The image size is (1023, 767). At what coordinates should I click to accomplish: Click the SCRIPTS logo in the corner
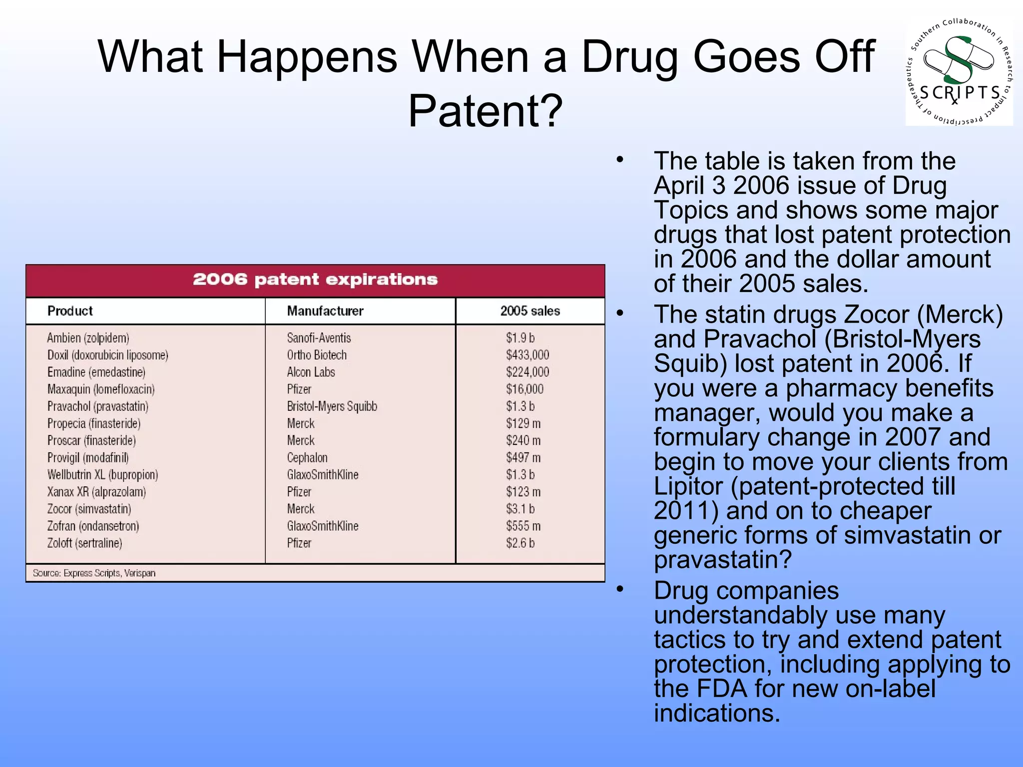959,72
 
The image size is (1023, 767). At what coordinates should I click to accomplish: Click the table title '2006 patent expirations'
315,280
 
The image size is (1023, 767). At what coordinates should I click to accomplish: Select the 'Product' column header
70,311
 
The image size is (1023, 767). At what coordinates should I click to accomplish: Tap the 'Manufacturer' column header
325,311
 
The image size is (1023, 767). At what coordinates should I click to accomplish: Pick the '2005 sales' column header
530,311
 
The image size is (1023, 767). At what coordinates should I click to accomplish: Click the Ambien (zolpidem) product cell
88,338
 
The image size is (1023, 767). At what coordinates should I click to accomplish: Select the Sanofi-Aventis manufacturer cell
319,338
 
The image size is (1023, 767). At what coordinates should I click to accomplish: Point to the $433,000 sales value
527,355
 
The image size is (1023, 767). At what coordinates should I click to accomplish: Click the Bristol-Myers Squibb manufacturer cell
332,406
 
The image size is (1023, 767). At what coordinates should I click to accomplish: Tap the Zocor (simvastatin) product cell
89,509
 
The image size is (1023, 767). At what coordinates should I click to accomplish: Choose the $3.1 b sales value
520,509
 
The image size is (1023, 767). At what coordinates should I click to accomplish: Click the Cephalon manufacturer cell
307,458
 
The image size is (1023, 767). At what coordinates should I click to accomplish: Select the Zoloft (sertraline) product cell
84,543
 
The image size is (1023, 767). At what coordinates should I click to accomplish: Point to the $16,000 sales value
524,389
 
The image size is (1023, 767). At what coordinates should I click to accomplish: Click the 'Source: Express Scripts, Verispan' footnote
94,573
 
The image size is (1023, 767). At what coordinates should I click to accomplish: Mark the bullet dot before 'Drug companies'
620,590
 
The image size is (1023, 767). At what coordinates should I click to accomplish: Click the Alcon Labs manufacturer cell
311,373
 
